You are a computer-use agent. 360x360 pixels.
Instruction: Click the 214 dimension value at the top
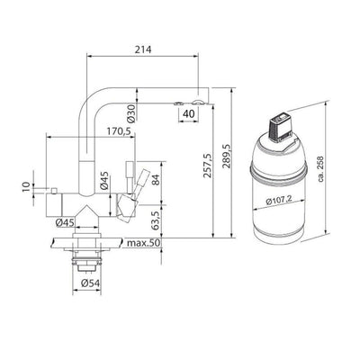(x=143, y=49)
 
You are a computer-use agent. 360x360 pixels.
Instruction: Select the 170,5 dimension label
(x=120, y=131)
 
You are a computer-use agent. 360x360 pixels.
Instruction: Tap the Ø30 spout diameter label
(x=131, y=114)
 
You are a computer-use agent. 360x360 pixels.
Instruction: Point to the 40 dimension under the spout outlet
(x=188, y=114)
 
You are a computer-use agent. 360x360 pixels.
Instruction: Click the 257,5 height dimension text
(x=208, y=165)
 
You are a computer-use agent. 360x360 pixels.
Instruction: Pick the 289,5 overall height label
(x=226, y=156)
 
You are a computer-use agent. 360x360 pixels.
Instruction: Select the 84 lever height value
(x=157, y=179)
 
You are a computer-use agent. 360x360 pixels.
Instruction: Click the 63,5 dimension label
(x=157, y=220)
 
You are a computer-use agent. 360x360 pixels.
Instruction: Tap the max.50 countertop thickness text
(x=144, y=243)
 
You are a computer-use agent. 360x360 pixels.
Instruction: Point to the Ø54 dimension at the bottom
(x=90, y=283)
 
